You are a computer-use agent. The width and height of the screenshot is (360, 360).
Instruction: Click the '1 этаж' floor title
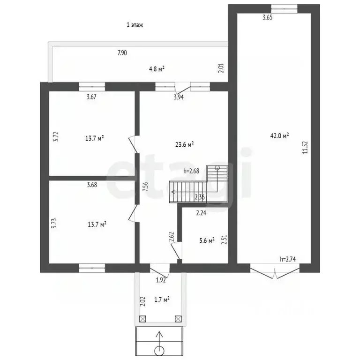135,25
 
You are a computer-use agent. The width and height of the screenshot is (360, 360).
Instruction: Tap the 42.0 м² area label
279,135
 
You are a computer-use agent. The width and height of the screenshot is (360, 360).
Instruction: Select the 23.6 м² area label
184,145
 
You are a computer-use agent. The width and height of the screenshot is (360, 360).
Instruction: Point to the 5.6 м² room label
207,240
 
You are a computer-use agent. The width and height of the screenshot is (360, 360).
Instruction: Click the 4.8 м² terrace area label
157,68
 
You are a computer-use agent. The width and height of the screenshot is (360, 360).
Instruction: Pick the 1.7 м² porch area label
162,300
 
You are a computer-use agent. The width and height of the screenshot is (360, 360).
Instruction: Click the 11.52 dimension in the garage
305,147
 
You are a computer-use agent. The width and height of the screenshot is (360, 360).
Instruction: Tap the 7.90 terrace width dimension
122,53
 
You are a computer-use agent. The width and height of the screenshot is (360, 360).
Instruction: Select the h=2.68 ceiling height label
191,171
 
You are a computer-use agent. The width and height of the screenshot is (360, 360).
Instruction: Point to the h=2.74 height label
288,259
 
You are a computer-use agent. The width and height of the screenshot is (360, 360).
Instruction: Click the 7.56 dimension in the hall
146,187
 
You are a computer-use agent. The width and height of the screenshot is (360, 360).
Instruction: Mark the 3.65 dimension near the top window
268,17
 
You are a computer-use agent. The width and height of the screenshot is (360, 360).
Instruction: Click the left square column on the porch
142,319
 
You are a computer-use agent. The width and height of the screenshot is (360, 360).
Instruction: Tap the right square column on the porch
178,319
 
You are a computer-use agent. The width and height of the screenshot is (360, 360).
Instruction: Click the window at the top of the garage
284,9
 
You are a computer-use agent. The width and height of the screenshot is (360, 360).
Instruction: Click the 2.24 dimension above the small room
201,213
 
